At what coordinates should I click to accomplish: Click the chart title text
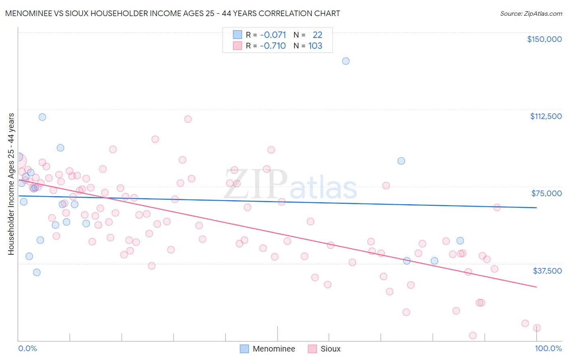[173, 13]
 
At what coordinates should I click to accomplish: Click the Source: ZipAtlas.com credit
[531, 13]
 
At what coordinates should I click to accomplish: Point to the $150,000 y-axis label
[544, 39]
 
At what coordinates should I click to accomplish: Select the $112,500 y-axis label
[546, 116]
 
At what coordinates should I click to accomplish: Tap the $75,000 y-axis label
[546, 193]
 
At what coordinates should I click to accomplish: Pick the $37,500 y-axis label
[547, 271]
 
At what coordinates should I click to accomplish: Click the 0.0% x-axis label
[27, 348]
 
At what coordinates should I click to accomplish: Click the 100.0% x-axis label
[548, 348]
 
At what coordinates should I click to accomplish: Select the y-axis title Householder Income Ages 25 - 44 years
[11, 184]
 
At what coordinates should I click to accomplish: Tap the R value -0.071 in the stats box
[273, 35]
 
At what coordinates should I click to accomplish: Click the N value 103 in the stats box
[315, 46]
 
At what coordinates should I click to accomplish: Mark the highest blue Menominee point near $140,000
[346, 61]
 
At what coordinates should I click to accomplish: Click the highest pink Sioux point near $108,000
[188, 119]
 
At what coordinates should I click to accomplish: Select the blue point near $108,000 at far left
[42, 117]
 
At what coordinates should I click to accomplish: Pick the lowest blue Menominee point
[37, 272]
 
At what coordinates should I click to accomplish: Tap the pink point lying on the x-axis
[473, 335]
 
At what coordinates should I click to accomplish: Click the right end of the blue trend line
[536, 207]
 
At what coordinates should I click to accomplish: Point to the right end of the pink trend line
[536, 287]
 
